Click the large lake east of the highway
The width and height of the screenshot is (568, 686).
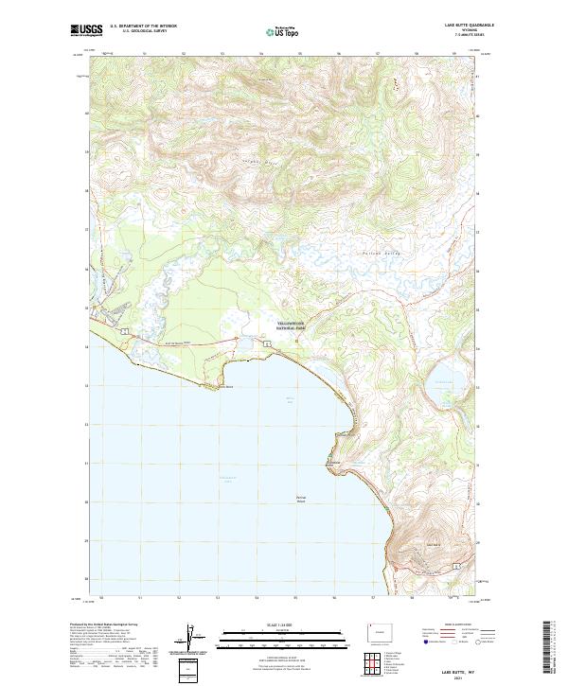point(441,378)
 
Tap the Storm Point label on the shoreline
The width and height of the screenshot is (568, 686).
point(224,386)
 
